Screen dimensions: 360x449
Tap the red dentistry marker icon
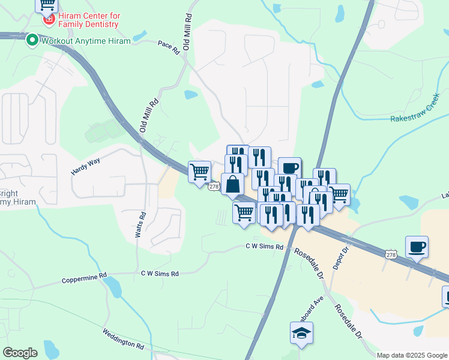click(48, 20)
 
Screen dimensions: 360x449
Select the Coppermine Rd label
click(84, 280)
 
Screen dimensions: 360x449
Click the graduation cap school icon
click(301, 333)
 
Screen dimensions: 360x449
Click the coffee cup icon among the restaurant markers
click(289, 167)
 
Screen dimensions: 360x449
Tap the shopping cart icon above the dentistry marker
click(46, 5)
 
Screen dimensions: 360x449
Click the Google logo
click(20, 353)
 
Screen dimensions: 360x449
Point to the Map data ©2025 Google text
click(411, 355)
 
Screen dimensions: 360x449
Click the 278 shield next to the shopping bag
click(213, 187)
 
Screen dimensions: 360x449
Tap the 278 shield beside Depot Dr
click(391, 256)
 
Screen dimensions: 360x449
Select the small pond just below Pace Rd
click(191, 95)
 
